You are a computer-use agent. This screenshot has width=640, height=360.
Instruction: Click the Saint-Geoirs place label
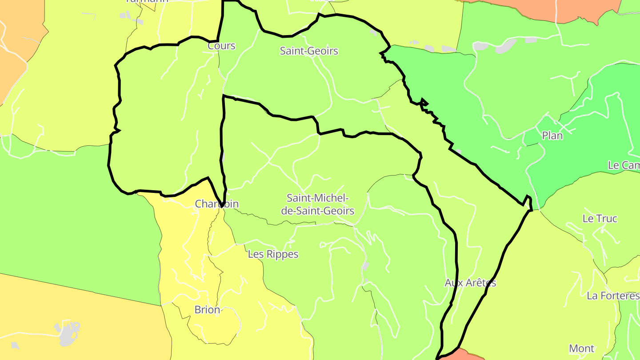click(309, 51)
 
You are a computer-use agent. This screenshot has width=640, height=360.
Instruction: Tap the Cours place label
click(221, 46)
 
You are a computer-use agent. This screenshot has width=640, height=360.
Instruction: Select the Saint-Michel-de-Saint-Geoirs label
click(318, 204)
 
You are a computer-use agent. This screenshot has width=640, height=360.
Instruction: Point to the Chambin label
click(217, 204)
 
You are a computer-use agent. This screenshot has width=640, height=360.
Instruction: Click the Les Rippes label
click(273, 254)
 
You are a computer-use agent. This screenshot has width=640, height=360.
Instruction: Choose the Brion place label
click(207, 310)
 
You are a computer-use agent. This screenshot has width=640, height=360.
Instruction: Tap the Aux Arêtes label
click(470, 283)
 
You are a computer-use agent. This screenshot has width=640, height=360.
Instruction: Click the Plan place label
click(552, 136)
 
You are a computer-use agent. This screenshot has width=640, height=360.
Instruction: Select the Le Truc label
click(600, 219)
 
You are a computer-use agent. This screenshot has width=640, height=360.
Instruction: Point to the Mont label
click(581, 348)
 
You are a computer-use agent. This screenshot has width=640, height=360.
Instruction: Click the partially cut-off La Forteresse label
click(613, 296)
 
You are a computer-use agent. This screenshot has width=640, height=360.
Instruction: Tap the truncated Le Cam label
click(624, 165)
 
